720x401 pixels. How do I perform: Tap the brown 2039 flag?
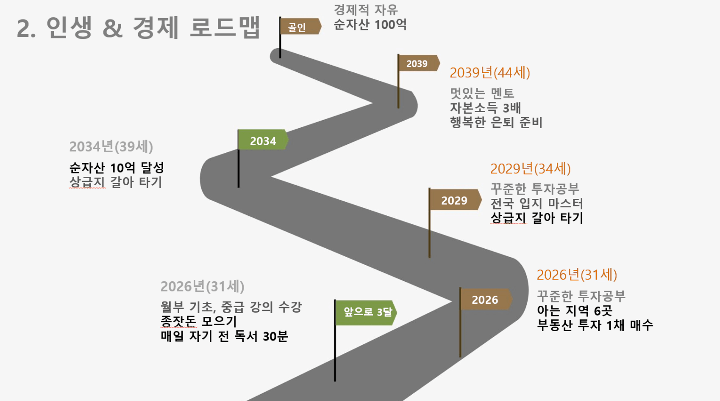[x=419, y=63]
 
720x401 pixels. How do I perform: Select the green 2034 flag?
[x=263, y=140]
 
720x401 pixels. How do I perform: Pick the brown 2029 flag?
[x=456, y=200]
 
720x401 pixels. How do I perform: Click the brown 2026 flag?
[x=486, y=299]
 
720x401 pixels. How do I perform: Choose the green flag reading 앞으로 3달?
[x=366, y=313]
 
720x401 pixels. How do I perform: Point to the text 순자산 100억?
[x=370, y=25]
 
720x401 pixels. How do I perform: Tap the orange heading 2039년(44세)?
[x=490, y=73]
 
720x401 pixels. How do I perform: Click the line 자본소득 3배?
[x=485, y=107]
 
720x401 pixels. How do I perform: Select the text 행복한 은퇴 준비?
[x=496, y=122]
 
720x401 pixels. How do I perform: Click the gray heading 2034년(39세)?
[x=111, y=146]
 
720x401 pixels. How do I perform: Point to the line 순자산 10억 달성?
[x=117, y=168]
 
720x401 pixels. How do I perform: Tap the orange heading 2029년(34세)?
[x=531, y=169]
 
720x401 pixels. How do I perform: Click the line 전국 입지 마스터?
[x=537, y=203]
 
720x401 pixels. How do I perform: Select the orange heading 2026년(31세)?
[x=577, y=275]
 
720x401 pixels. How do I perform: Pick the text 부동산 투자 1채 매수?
[x=595, y=325]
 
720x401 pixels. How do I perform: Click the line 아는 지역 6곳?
[x=574, y=310]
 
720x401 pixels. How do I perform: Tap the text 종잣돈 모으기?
[x=198, y=321]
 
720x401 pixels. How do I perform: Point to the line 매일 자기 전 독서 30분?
[x=224, y=336]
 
